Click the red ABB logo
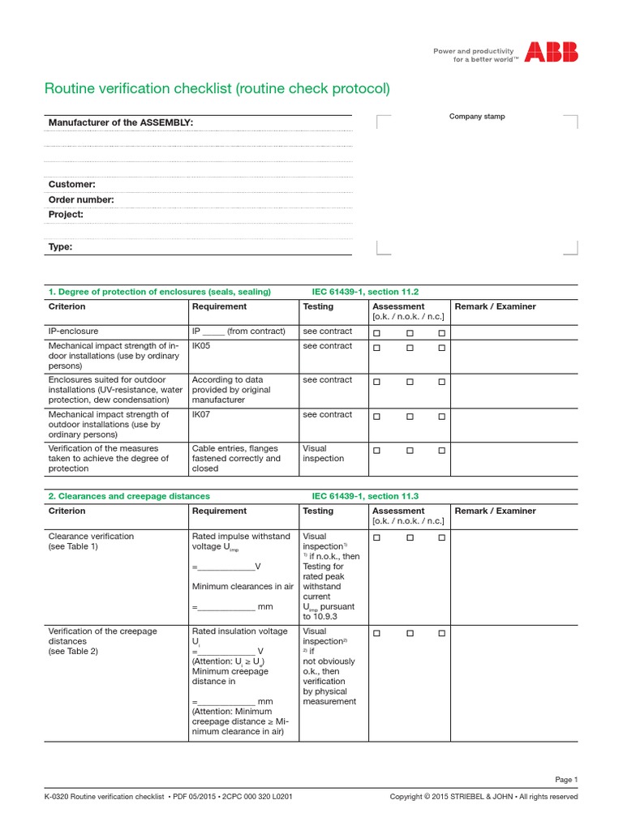click(551, 53)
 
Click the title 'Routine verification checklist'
click(217, 88)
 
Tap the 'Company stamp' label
click(477, 117)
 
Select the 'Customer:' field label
click(72, 185)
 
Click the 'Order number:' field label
click(81, 200)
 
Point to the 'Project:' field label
click(66, 215)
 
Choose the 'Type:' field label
click(61, 247)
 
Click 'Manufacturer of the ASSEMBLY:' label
click(121, 122)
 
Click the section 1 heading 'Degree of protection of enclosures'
click(160, 292)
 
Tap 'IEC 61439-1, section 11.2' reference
click(365, 292)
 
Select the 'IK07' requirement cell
click(202, 415)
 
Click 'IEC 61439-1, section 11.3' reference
click(365, 496)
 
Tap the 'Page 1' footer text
click(566, 780)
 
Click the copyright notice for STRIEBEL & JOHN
click(483, 797)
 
